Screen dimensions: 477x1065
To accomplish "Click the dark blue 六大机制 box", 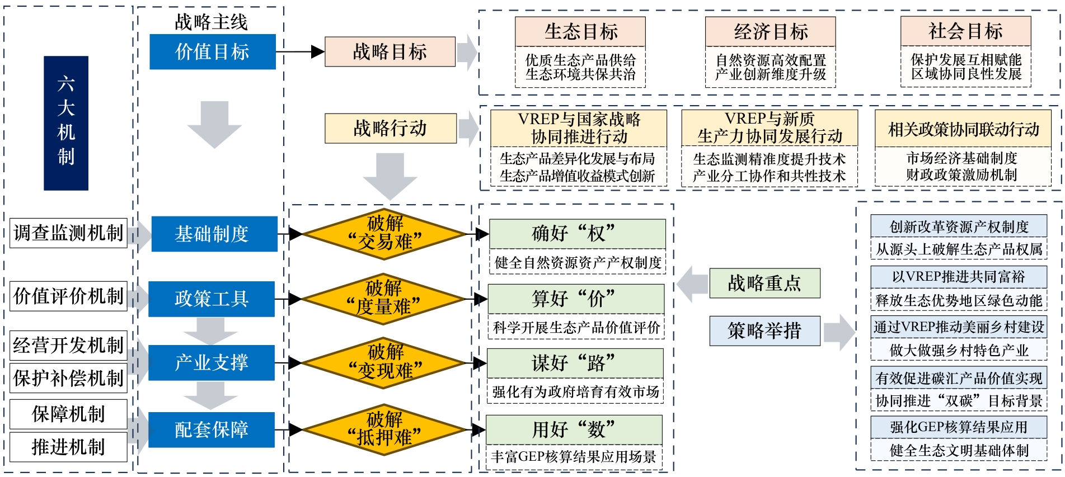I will pos(66,123).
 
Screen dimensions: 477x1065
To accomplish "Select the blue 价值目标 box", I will pos(212,52).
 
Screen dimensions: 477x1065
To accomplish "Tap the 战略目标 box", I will pos(390,52).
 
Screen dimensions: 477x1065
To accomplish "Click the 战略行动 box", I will pos(390,128).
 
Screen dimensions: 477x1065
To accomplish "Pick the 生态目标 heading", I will pos(580,32).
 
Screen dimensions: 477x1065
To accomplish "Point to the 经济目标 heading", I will pos(770,32).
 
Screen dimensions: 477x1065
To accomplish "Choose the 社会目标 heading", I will pos(965,31).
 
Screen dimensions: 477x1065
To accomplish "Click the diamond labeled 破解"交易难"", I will pos(384,234).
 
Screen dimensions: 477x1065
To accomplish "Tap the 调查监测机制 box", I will pos(68,233).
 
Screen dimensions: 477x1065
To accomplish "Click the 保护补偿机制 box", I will pos(68,379).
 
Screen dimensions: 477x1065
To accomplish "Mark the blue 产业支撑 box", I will pos(212,363).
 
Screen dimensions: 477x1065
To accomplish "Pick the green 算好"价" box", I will pos(576,299).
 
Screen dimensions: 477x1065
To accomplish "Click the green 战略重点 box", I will pos(764,283).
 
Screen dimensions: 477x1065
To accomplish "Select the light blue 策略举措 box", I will pos(764,331).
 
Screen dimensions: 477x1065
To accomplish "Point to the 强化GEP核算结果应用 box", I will pos(959,427).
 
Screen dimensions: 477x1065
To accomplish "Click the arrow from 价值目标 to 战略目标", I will pos(300,52).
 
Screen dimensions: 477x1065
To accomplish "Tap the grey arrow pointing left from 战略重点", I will pos(692,284).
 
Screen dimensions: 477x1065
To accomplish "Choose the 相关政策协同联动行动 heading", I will pos(963,129).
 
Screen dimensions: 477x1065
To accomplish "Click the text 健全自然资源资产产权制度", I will pos(578,262).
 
